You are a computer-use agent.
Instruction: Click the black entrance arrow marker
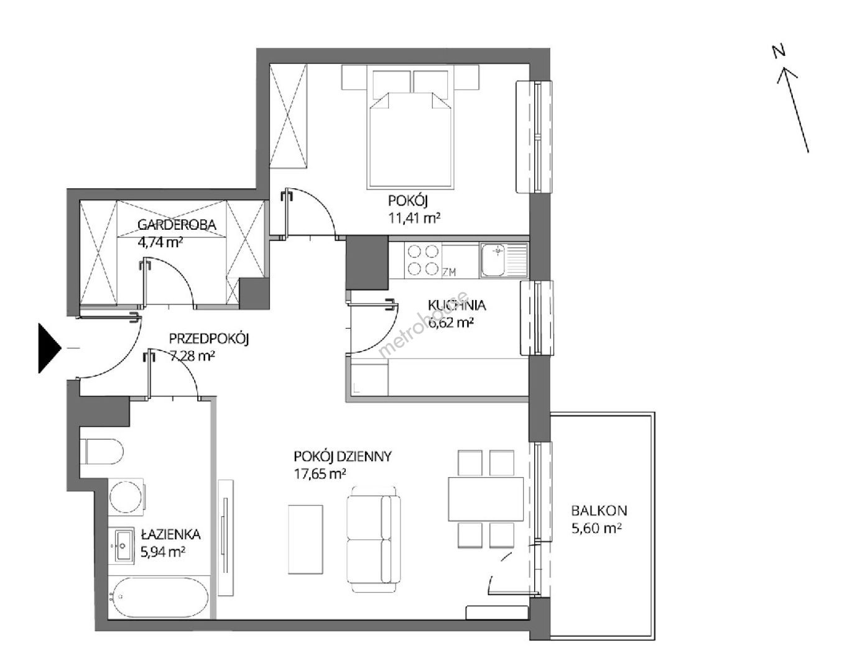pos(49,348)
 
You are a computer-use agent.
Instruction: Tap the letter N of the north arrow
pos(779,52)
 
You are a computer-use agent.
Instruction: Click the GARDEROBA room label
pos(177,225)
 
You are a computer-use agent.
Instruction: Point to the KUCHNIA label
pos(456,305)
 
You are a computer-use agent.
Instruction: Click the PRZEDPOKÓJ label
pos(208,339)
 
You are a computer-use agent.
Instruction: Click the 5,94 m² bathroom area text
pos(163,552)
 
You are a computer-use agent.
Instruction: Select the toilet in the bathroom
pos(102,452)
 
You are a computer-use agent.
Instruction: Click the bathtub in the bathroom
pos(158,597)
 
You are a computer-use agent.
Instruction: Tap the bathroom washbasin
pos(124,545)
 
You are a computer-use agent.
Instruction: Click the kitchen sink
pos(504,260)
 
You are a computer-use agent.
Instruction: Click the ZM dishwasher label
pos(449,272)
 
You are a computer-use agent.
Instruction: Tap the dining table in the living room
pos(485,499)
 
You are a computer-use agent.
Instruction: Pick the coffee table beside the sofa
pos(305,539)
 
